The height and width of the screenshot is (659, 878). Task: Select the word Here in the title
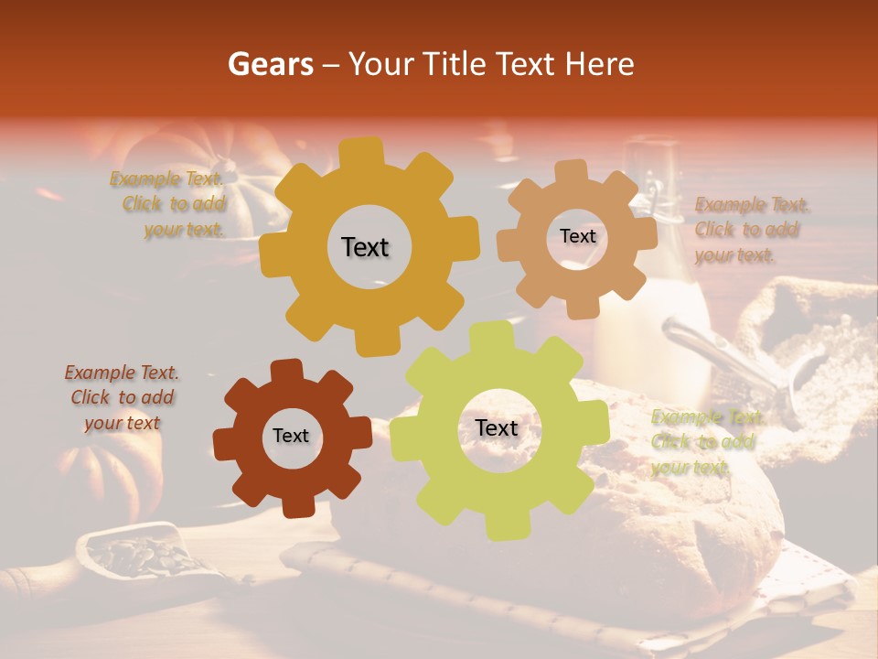[x=600, y=64]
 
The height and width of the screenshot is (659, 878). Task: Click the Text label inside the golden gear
[x=365, y=247]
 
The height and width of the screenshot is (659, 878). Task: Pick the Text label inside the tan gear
[x=577, y=236]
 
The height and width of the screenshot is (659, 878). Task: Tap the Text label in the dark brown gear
[x=291, y=436]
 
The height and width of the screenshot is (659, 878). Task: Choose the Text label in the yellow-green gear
[x=497, y=427]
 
